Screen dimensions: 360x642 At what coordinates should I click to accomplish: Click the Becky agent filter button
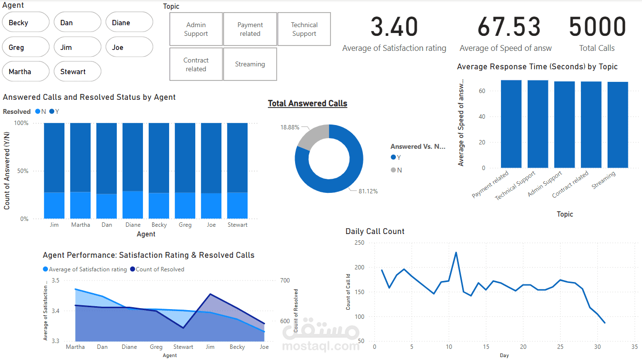click(26, 22)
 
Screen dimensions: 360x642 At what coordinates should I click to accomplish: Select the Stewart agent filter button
click(77, 72)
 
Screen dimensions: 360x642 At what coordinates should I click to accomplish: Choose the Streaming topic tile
click(250, 64)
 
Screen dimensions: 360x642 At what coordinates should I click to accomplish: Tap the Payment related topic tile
click(250, 29)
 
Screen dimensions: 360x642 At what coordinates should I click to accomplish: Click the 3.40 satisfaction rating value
click(394, 27)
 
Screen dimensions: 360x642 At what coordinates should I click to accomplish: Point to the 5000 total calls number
click(597, 27)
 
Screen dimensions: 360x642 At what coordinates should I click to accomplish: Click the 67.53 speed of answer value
click(508, 27)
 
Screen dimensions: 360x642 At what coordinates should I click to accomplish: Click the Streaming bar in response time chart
click(618, 125)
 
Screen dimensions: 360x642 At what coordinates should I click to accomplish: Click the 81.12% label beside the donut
click(369, 191)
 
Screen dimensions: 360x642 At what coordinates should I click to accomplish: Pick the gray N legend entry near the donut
click(396, 170)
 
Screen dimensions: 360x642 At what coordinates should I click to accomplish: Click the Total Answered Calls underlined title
click(308, 104)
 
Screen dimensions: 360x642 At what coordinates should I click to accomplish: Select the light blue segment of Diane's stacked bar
click(133, 205)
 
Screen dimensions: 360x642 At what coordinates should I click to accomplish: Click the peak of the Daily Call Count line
click(456, 252)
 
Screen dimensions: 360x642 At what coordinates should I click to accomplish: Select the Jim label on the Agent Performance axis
click(210, 347)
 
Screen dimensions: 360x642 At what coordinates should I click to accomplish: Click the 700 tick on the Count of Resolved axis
click(285, 281)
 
